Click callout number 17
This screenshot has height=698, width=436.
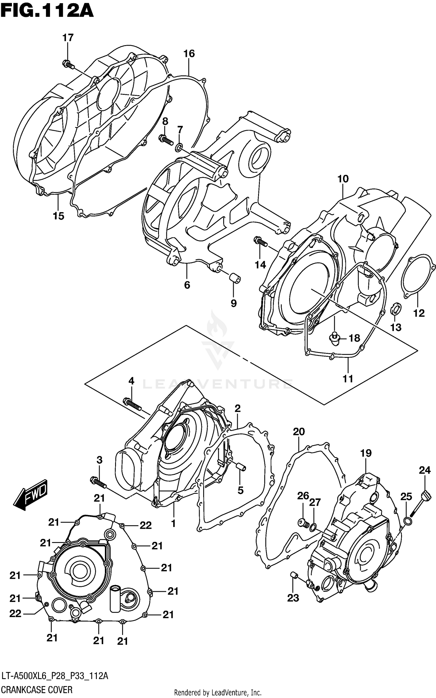[68, 38]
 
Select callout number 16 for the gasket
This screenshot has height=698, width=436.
[189, 54]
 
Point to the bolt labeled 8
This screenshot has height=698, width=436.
[167, 140]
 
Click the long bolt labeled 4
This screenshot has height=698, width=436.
[132, 404]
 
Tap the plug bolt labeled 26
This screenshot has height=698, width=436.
[303, 523]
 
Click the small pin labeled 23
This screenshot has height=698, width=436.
[294, 574]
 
